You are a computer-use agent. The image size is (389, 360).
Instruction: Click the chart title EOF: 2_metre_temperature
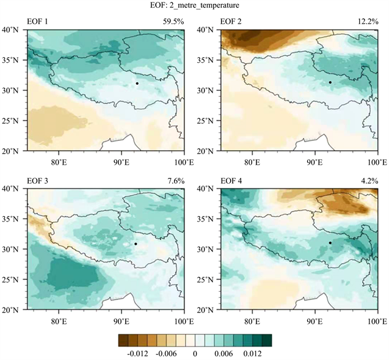[x=194, y=6]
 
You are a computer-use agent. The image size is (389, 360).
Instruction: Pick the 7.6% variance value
[x=175, y=181]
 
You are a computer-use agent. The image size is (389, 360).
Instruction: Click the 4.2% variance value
[x=368, y=181]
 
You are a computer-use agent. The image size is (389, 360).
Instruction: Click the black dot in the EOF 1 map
[x=137, y=83]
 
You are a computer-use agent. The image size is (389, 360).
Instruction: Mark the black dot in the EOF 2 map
[x=330, y=82]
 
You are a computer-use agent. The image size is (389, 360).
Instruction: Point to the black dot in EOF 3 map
[x=136, y=244]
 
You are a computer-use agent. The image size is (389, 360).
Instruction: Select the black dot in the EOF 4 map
[x=330, y=243]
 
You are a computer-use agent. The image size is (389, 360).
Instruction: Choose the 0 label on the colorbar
[x=194, y=353]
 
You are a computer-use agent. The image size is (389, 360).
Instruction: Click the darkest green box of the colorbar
[x=266, y=339]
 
